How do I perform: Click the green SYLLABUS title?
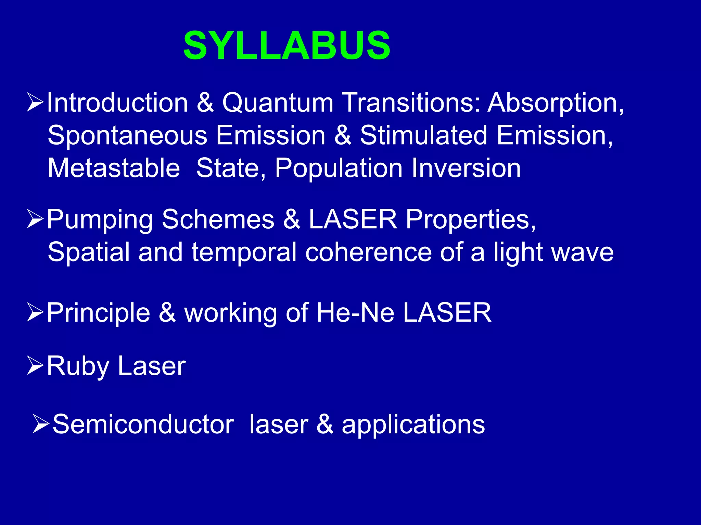click(287, 45)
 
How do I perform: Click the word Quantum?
click(278, 103)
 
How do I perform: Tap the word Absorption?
click(556, 103)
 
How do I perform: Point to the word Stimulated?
click(423, 135)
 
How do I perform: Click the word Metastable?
click(114, 168)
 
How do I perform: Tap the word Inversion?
click(466, 168)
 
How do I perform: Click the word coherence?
click(368, 252)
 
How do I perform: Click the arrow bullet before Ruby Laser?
click(35, 365)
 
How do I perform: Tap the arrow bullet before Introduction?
click(35, 102)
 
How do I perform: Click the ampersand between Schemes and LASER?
click(291, 219)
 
